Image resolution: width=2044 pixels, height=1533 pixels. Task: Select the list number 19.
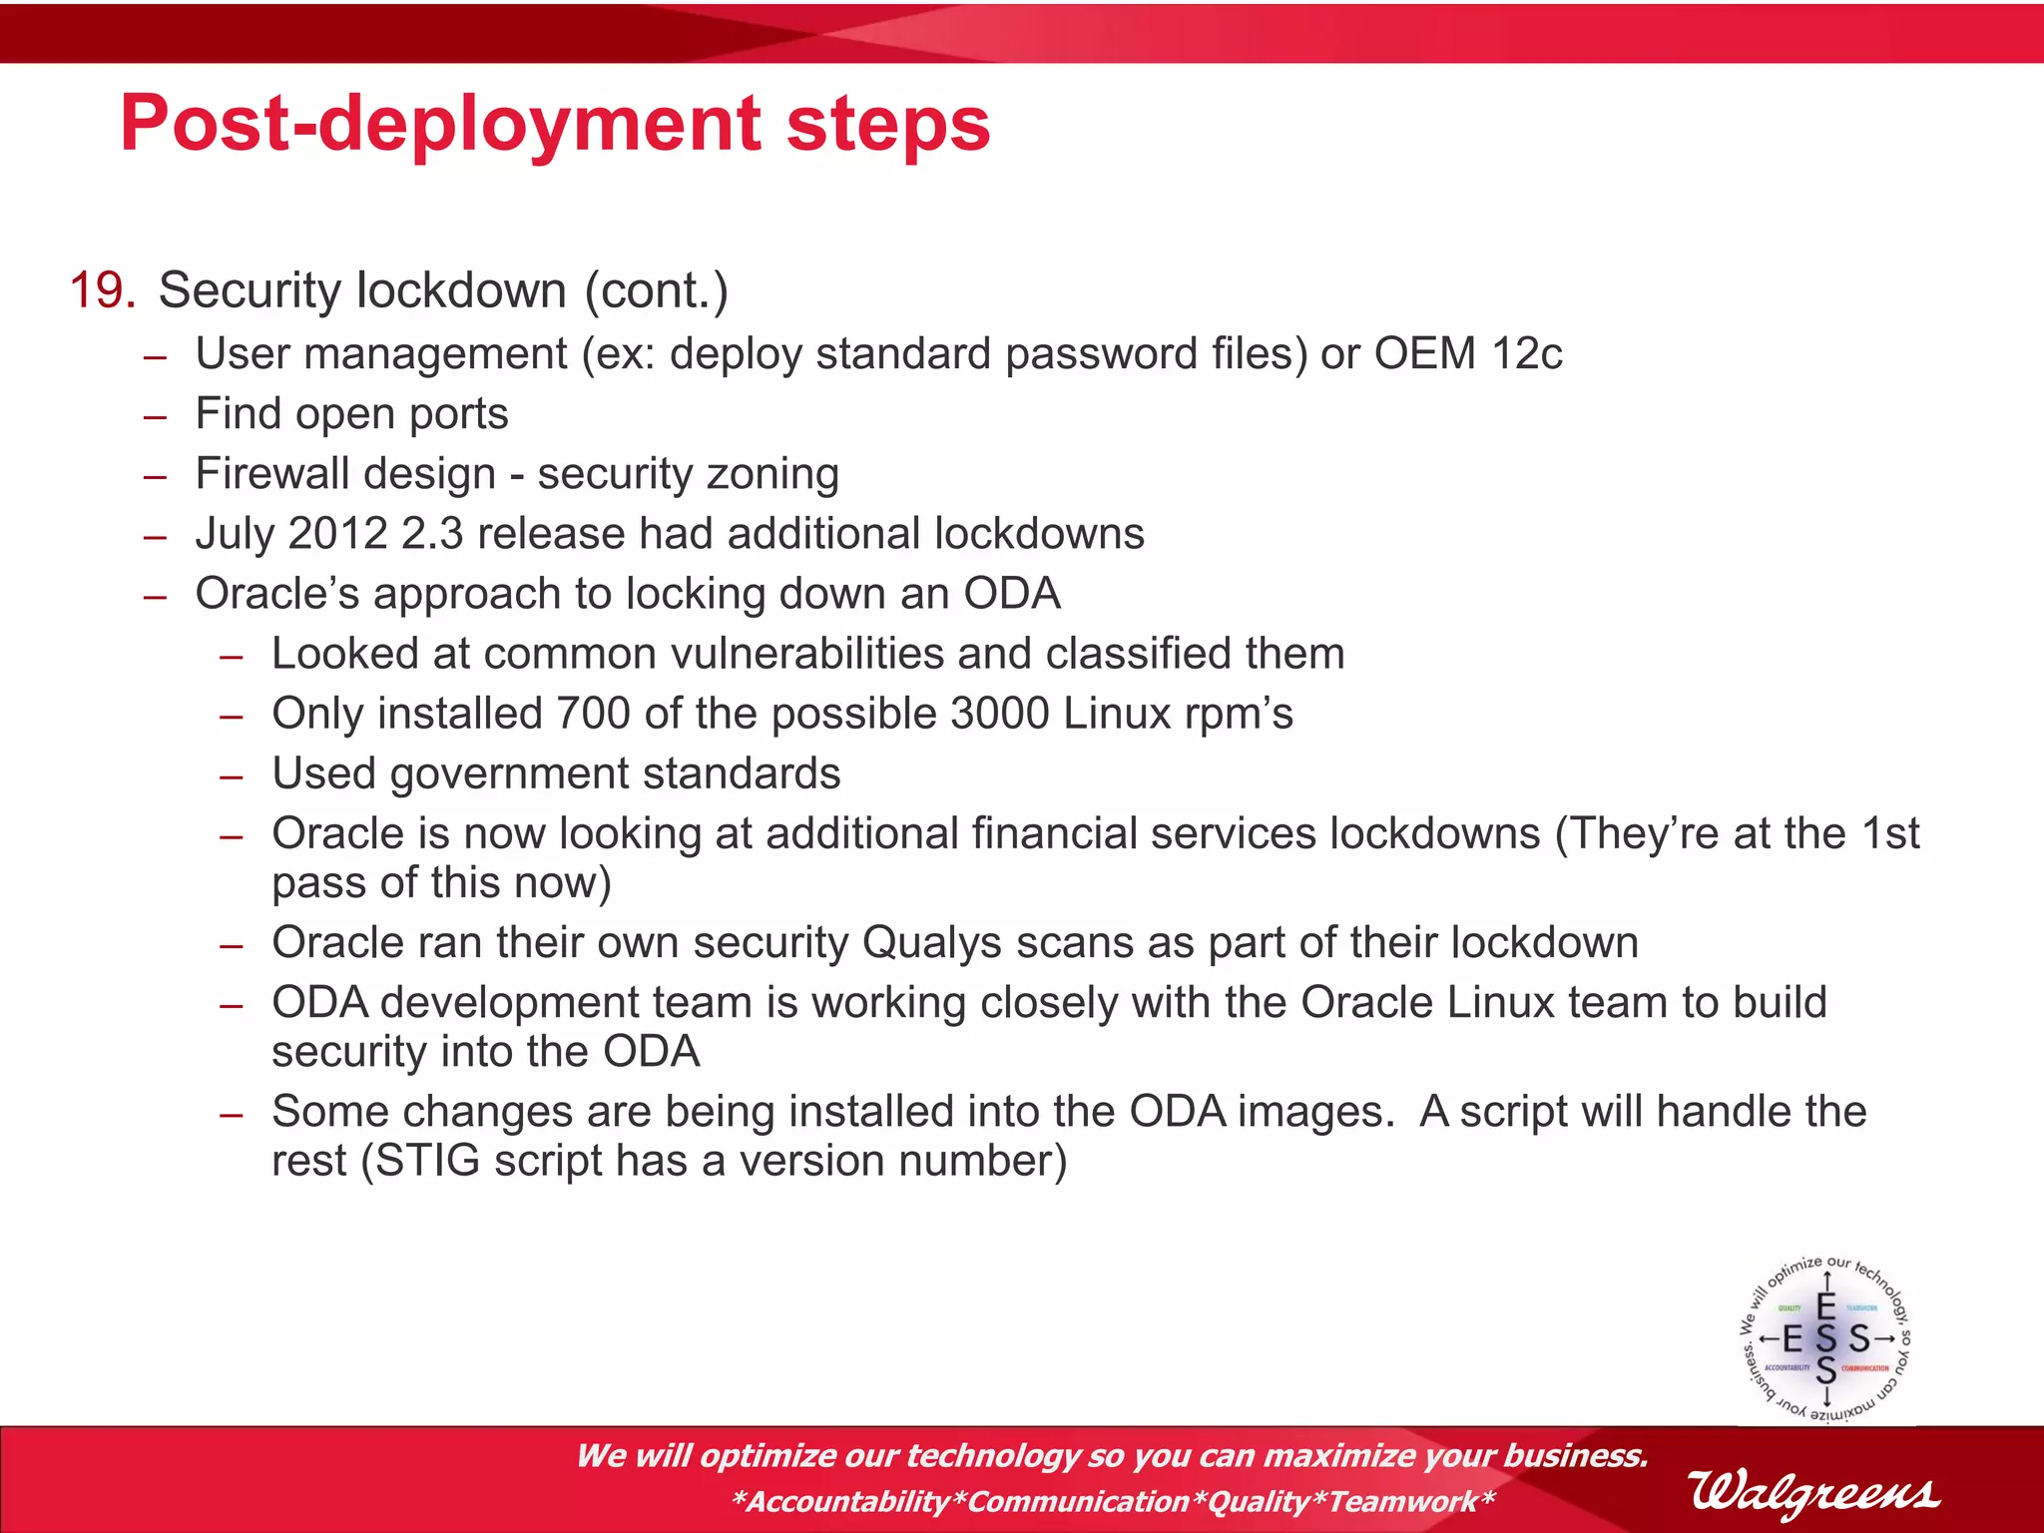tap(102, 290)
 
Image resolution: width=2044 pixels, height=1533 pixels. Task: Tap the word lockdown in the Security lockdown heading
tap(461, 290)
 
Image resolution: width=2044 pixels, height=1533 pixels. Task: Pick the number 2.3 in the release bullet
tap(432, 533)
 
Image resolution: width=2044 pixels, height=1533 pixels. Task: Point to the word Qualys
tap(931, 943)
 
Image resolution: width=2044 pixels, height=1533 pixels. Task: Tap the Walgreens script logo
tap(1813, 1492)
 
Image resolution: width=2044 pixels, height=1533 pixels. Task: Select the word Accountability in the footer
tap(848, 1501)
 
